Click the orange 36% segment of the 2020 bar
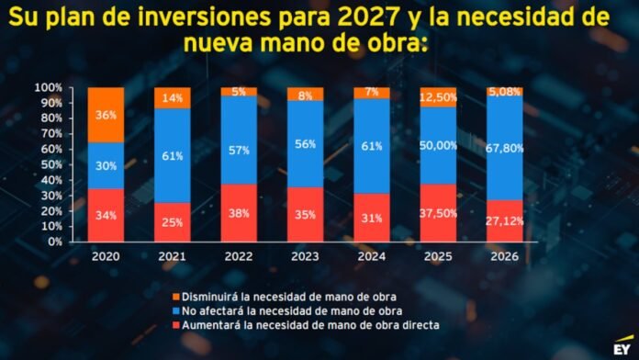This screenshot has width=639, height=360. [106, 115]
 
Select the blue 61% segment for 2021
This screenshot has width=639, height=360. [173, 156]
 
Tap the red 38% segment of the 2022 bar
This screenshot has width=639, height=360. [239, 213]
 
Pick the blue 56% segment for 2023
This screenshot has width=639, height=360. [305, 144]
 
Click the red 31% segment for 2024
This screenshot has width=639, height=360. [372, 218]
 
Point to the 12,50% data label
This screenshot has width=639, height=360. [438, 97]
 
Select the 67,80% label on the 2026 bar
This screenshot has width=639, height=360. [505, 148]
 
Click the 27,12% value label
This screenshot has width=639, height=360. [505, 221]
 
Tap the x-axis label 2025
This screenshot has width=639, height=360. [438, 256]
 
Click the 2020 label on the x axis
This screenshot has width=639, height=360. [106, 256]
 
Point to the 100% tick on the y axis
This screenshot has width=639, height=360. [49, 87]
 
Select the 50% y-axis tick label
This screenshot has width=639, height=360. [51, 164]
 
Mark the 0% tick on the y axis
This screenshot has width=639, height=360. [55, 242]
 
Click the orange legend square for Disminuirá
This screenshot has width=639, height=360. [176, 297]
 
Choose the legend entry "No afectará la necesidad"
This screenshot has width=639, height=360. [291, 311]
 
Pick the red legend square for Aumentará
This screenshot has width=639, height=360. [176, 325]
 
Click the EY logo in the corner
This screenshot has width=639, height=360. [622, 345]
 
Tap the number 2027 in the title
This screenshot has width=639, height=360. [369, 17]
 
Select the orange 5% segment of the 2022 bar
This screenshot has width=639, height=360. [239, 92]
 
